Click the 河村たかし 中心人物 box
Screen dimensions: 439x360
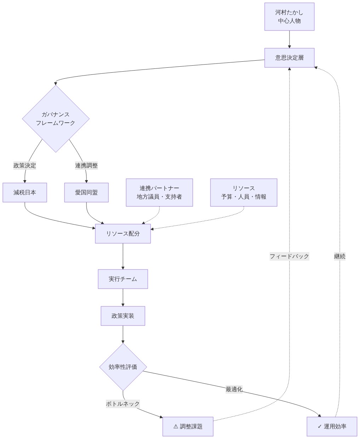[289, 17]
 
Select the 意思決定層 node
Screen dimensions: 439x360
[289, 58]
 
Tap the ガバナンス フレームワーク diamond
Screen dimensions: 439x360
[56, 119]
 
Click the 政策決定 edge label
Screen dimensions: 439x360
[25, 165]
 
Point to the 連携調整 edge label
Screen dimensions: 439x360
[86, 165]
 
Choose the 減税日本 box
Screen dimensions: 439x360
[25, 193]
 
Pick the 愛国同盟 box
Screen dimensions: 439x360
[86, 193]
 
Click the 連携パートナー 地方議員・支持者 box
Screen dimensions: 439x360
[159, 193]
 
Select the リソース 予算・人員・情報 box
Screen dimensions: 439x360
[243, 193]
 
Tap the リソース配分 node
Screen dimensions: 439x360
[123, 234]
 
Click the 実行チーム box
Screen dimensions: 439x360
[123, 279]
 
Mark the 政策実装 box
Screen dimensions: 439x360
[123, 316]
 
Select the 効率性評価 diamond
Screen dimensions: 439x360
[123, 367]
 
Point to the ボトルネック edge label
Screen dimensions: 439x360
[123, 404]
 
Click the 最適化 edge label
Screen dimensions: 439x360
[234, 389]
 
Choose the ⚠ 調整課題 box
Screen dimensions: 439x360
[188, 427]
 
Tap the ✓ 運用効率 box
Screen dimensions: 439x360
[332, 427]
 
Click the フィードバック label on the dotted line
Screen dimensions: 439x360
[289, 256]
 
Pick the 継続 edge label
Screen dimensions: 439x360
[339, 256]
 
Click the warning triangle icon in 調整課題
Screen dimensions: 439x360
[176, 427]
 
